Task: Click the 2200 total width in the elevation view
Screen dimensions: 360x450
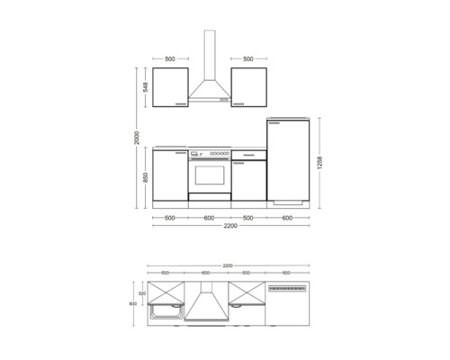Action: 233,227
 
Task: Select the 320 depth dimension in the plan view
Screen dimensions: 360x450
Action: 142,293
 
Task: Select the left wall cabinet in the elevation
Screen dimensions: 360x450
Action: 170,87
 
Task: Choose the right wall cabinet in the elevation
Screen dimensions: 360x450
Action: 247,87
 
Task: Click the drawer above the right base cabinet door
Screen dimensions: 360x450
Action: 247,155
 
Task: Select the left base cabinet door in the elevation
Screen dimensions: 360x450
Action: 170,177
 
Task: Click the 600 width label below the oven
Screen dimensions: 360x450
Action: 208,217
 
